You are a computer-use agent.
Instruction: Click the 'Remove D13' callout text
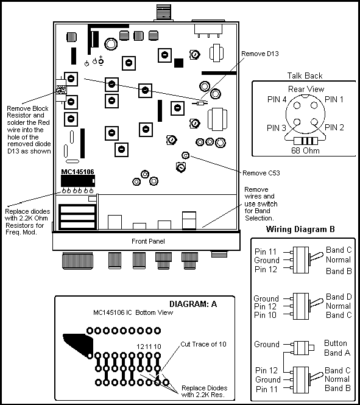click(x=260, y=54)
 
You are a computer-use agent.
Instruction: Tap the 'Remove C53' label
click(x=261, y=173)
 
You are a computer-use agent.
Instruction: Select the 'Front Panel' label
click(x=148, y=241)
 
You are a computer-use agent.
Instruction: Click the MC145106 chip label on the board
click(x=77, y=172)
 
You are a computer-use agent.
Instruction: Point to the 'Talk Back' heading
click(x=305, y=76)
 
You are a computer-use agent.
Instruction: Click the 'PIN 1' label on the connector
click(x=334, y=99)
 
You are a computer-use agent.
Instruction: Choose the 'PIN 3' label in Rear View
click(x=277, y=128)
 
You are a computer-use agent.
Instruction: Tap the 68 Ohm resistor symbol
click(x=306, y=141)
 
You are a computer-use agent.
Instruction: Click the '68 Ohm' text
click(x=305, y=150)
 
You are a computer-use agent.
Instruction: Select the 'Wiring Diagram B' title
click(x=300, y=229)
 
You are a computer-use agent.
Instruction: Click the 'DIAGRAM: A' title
click(x=193, y=304)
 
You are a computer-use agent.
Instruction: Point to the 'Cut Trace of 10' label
click(x=203, y=344)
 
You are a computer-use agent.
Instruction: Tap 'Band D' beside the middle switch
click(x=339, y=297)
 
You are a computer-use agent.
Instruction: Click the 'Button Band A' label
click(x=337, y=348)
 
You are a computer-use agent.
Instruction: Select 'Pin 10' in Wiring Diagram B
click(x=265, y=315)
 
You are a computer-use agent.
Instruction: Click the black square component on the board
click(x=178, y=63)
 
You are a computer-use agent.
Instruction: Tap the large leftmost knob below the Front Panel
click(x=77, y=261)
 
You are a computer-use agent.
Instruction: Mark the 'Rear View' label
click(x=306, y=90)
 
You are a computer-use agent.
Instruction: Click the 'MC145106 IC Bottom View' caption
click(x=133, y=312)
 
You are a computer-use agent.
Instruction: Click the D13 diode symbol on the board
click(x=200, y=104)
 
